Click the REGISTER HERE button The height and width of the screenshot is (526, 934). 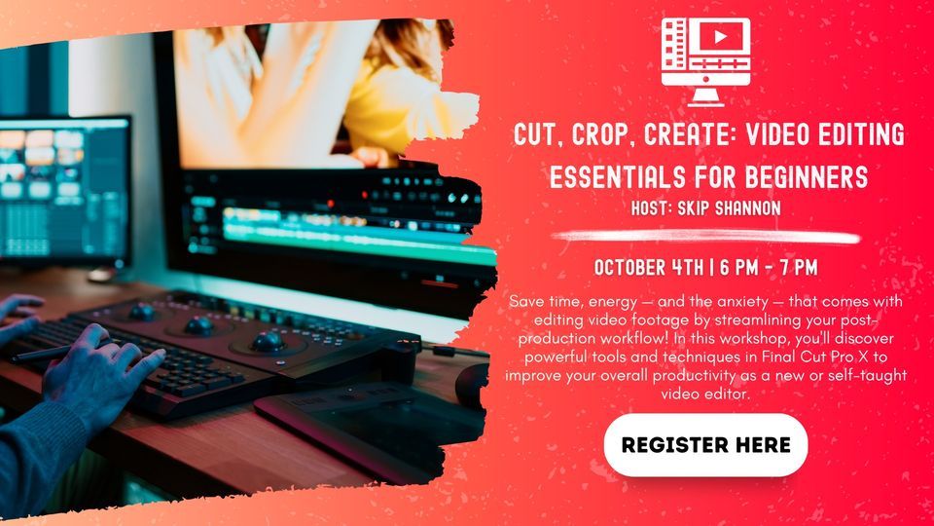pyautogui.click(x=705, y=445)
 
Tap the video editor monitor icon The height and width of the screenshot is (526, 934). pyautogui.click(x=705, y=60)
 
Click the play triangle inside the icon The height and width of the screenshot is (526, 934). pyautogui.click(x=720, y=37)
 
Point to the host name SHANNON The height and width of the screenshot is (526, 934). pyautogui.click(x=744, y=207)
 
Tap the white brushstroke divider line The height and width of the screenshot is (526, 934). pyautogui.click(x=704, y=237)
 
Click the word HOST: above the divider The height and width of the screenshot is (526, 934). pyautogui.click(x=654, y=207)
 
